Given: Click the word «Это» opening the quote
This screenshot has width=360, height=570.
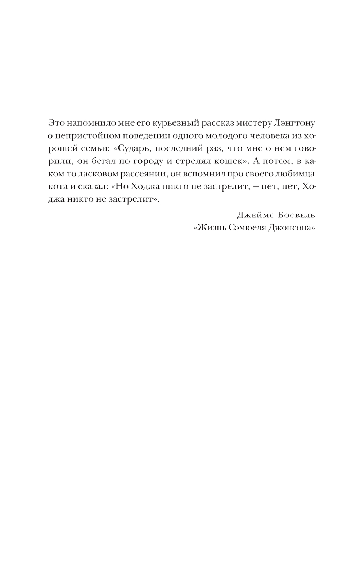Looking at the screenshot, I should click(55, 123).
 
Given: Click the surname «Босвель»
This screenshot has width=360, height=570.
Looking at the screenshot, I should click(297, 215).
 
